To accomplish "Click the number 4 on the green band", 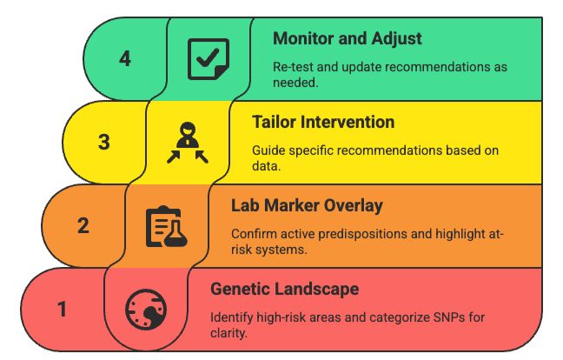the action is (x=125, y=58).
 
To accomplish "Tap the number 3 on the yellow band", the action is (x=104, y=142).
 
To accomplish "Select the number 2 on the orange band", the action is (x=83, y=225).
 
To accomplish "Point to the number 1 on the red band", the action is (x=62, y=309).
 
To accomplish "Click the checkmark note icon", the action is (x=209, y=59).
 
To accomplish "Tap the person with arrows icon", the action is (x=188, y=143).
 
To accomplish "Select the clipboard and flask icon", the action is (x=167, y=226).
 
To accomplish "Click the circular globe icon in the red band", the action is (x=146, y=310).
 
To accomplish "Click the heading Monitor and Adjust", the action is (x=348, y=38).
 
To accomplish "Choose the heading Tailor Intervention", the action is (x=323, y=122).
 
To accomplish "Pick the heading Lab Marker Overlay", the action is (x=307, y=206).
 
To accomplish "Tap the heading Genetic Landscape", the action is (x=284, y=290).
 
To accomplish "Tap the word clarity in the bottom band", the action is (x=229, y=333).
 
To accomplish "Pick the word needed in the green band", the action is (x=295, y=83).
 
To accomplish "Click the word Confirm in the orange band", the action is (x=254, y=234).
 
